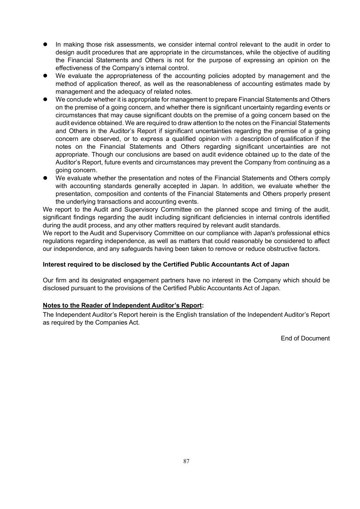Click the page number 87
coord(187,461)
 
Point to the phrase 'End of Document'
coord(305,338)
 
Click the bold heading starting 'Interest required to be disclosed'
coord(166,264)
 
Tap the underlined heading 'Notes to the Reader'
coord(122,305)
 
